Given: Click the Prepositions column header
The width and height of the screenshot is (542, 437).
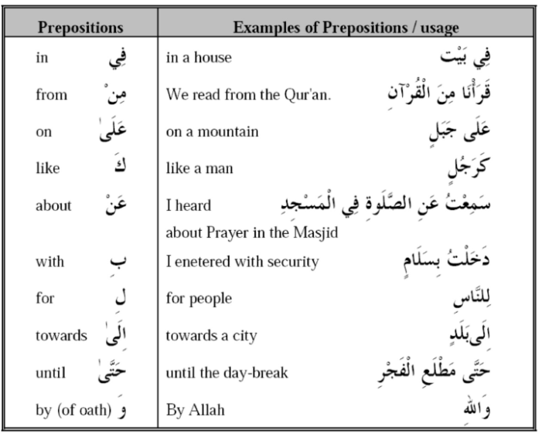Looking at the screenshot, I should coord(81,27).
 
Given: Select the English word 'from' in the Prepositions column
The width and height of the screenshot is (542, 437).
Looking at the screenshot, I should coord(51,95).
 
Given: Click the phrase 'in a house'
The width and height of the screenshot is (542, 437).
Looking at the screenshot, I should coord(199,58).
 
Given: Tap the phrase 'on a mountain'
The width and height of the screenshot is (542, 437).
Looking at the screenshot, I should coord(212,132).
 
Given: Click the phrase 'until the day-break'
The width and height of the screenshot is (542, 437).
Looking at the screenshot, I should coord(227,373).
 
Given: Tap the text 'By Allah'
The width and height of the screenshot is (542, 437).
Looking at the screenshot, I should coord(196,410).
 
